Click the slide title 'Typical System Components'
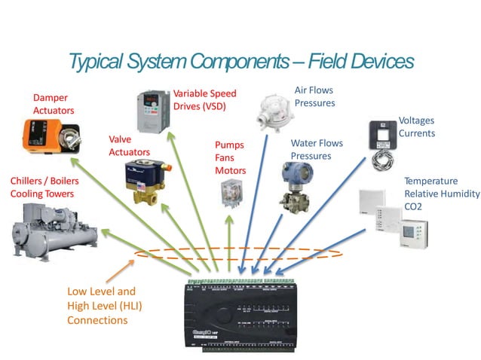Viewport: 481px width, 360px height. pos(240,61)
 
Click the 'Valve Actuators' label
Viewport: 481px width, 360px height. pos(129,145)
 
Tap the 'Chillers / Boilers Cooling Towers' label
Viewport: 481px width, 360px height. pos(44,187)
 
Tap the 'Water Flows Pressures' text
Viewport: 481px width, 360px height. pos(317,149)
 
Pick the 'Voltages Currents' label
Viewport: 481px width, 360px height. pos(416,127)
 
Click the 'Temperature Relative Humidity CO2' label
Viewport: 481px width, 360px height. pos(441,194)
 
